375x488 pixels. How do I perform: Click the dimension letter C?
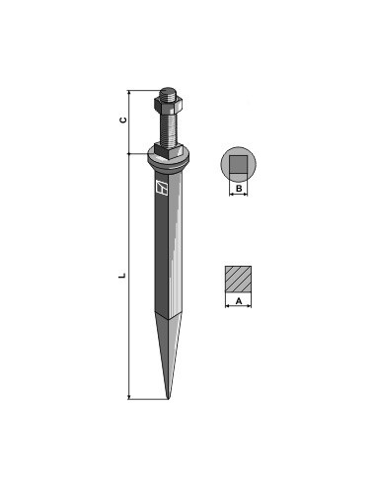pos(122,120)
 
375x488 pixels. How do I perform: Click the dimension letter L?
pos(122,276)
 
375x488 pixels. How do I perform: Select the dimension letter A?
pos(239,300)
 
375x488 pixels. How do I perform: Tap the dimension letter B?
pos(239,189)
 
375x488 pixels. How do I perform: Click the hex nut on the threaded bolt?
pos(169,104)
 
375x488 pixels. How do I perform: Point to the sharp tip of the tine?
pos(168,399)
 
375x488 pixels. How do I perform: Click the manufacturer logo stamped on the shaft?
pos(161,187)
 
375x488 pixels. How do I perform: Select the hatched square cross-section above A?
pos(238,279)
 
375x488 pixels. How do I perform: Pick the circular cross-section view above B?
pos(238,164)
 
